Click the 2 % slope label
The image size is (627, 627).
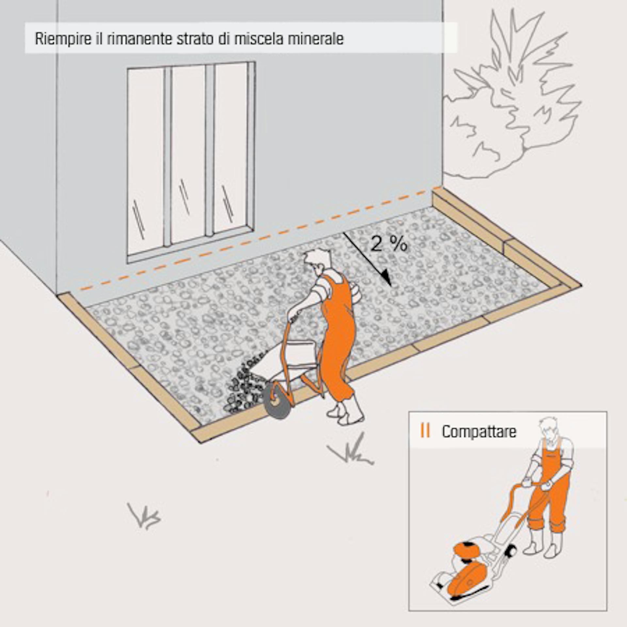pos(389,244)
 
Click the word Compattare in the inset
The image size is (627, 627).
pos(479,432)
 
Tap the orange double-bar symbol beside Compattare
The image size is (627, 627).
pos(425,431)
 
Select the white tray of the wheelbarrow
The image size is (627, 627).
pos(287,362)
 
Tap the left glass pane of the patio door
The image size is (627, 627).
pos(145,160)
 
